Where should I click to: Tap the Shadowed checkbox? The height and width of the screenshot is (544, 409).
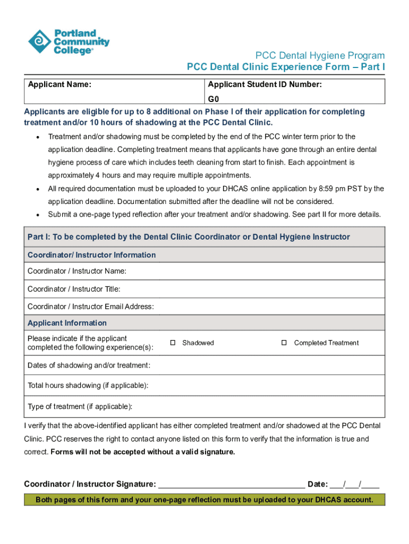click(x=173, y=343)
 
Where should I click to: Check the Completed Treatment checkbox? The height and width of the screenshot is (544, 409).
click(x=284, y=343)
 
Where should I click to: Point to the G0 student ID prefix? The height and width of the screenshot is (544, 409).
click(x=214, y=99)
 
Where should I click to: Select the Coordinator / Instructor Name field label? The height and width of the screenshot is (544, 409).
click(x=77, y=271)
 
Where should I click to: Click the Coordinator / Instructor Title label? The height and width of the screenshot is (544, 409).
click(x=74, y=289)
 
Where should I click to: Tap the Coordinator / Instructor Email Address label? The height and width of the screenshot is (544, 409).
click(x=91, y=307)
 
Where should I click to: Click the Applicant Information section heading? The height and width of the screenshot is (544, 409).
click(x=67, y=323)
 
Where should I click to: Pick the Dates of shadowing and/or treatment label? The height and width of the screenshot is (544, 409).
click(x=89, y=365)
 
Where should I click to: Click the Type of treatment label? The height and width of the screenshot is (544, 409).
click(x=80, y=406)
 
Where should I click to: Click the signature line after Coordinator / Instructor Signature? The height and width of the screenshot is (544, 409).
click(x=232, y=485)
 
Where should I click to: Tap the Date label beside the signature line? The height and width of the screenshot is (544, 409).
click(x=318, y=484)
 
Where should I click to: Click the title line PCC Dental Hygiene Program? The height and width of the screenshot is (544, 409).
click(x=320, y=56)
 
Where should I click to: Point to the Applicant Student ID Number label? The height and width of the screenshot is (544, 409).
click(x=265, y=84)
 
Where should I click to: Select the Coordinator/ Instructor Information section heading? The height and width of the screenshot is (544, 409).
click(x=92, y=255)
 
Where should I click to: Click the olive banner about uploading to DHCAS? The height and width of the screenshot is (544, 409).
click(x=204, y=500)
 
